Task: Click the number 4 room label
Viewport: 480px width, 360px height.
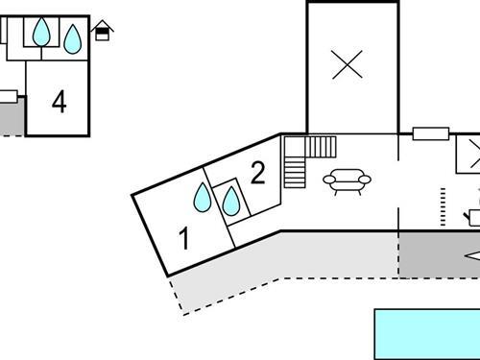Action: [x=60, y=102]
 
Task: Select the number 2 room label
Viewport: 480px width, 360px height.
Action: [x=257, y=174]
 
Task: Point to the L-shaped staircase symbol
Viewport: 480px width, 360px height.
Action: [x=305, y=156]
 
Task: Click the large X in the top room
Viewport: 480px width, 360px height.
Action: [x=348, y=64]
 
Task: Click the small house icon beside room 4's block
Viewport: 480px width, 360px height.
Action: [x=102, y=32]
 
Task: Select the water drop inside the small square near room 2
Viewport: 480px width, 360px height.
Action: [x=230, y=202]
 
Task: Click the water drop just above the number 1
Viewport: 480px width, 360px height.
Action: [x=203, y=198]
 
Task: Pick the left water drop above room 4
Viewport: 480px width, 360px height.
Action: [x=40, y=34]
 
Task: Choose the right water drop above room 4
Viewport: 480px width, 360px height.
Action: [x=72, y=38]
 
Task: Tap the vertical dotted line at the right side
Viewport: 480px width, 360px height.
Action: [x=444, y=206]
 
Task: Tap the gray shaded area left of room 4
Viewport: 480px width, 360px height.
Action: [x=10, y=117]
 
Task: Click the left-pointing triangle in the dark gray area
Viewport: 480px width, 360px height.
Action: [x=472, y=255]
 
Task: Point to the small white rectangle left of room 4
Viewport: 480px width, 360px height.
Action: [x=8, y=95]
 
